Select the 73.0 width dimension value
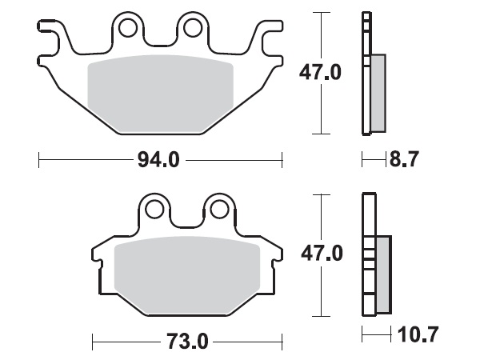point(189,342)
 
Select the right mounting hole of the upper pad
point(192,29)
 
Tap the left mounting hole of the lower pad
point(154,210)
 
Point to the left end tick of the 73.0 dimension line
point(93,342)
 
